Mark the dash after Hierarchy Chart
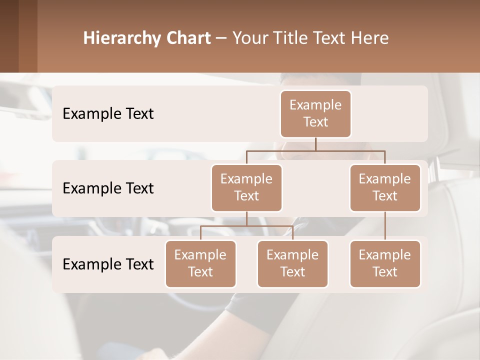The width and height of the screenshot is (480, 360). click(221, 39)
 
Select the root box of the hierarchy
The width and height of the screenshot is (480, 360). click(315, 113)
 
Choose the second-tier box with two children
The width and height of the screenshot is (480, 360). click(246, 187)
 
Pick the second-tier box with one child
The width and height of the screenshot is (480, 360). click(385, 187)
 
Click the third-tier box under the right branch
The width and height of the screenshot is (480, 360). click(385, 263)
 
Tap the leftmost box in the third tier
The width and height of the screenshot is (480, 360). click(200, 263)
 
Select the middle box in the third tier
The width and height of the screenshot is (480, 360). click(292, 263)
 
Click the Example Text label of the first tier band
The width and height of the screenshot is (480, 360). click(108, 114)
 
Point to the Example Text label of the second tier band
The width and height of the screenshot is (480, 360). click(108, 188)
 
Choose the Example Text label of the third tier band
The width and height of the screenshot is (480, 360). click(108, 264)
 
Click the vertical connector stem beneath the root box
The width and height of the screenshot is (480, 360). click(315, 144)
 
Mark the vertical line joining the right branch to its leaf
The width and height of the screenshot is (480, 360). click(385, 226)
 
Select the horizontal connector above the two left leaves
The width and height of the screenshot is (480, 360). click(246, 226)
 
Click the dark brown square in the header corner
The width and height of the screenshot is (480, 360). click(9, 36)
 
